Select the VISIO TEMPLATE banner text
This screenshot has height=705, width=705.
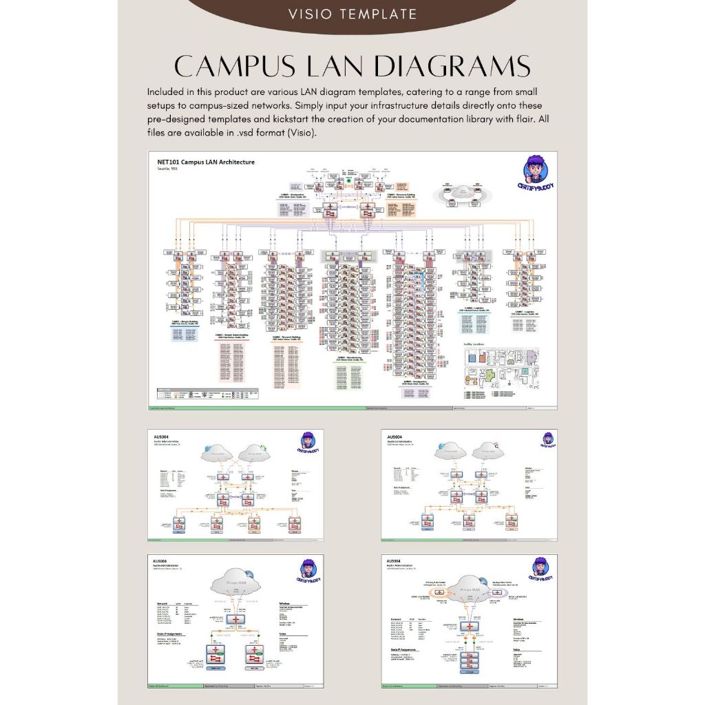(x=352, y=14)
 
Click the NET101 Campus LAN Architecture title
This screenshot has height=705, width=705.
(x=206, y=162)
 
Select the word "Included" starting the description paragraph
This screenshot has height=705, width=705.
(x=167, y=92)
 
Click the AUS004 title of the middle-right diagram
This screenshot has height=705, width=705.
(x=395, y=436)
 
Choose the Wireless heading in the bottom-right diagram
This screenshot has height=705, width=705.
(x=522, y=619)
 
